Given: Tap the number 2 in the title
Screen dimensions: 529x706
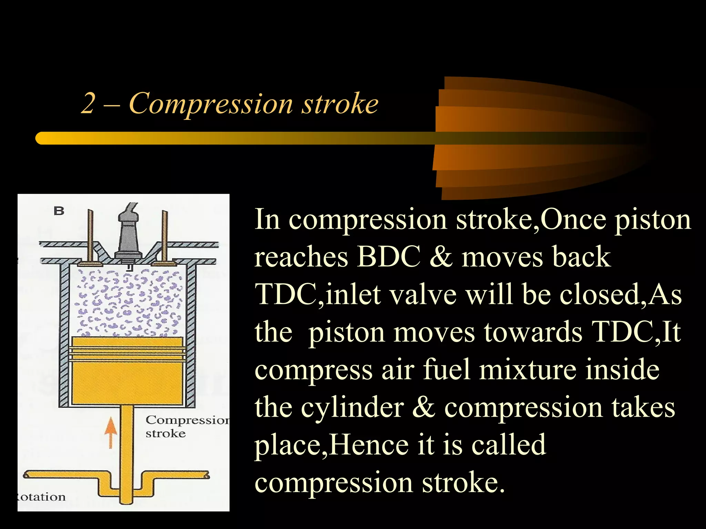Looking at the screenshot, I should click(88, 103).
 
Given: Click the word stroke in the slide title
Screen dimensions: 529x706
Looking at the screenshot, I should click(340, 103).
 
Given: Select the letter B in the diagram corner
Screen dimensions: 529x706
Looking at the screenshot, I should click(59, 211).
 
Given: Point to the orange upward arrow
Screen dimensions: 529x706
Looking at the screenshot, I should click(111, 432).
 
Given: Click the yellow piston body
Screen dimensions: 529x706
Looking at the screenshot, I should click(127, 379).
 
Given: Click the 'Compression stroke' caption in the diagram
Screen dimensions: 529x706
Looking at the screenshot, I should click(186, 426).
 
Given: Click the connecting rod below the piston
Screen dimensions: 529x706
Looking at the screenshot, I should click(127, 448).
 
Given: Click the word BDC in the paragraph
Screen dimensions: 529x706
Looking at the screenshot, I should click(389, 257).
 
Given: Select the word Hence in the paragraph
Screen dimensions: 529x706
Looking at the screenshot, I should click(369, 445).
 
